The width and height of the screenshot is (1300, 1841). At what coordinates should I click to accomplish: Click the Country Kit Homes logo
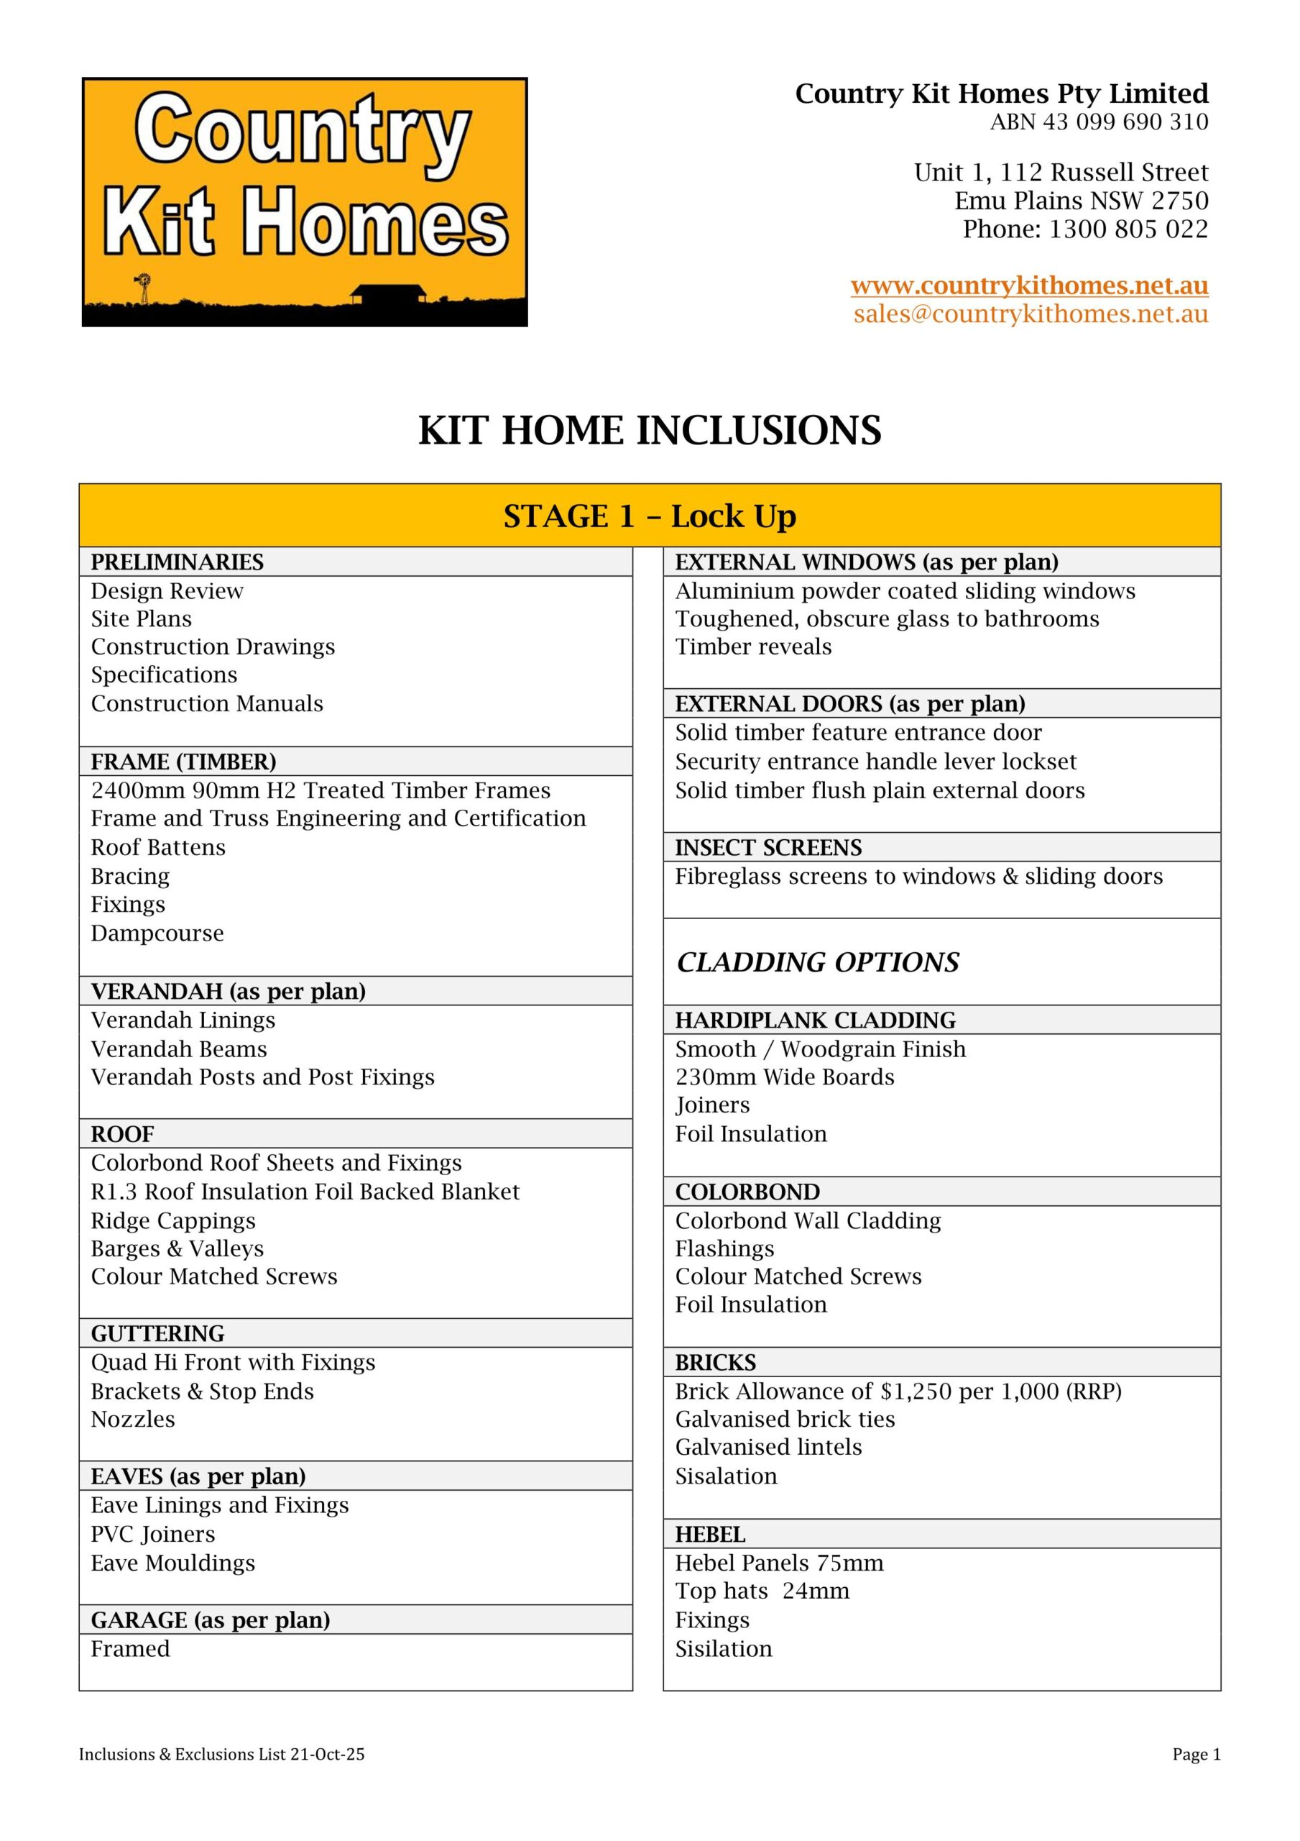(305, 201)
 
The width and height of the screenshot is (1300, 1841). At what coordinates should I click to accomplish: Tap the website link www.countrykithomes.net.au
(1029, 285)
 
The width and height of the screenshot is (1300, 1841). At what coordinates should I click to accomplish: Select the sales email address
(1031, 314)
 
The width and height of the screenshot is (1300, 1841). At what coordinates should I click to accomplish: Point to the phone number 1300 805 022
(1128, 229)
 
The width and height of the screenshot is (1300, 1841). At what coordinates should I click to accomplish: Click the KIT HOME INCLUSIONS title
(649, 431)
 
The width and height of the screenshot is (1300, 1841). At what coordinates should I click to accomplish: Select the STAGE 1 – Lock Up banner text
(649, 516)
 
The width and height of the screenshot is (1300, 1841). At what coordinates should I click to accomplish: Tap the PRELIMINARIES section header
(177, 562)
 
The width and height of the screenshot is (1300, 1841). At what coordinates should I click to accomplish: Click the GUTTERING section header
(157, 1333)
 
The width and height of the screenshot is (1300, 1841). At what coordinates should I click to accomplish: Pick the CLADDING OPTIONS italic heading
(818, 962)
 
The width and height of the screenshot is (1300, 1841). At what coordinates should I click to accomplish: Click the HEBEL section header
(710, 1535)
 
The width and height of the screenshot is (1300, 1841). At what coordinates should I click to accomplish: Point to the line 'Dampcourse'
(157, 933)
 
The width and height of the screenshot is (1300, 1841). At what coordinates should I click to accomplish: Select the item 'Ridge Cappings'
(173, 1220)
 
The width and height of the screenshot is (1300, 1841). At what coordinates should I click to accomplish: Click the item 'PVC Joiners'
(153, 1534)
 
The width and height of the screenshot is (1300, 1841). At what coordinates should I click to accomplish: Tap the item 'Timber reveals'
(753, 647)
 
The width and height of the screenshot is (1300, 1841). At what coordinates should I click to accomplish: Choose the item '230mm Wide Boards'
(785, 1077)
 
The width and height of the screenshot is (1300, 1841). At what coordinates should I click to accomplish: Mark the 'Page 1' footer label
(1196, 1755)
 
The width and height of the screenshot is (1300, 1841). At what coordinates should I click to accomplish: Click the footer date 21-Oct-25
(327, 1755)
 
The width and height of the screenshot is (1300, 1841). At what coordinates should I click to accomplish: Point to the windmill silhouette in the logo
(144, 287)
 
